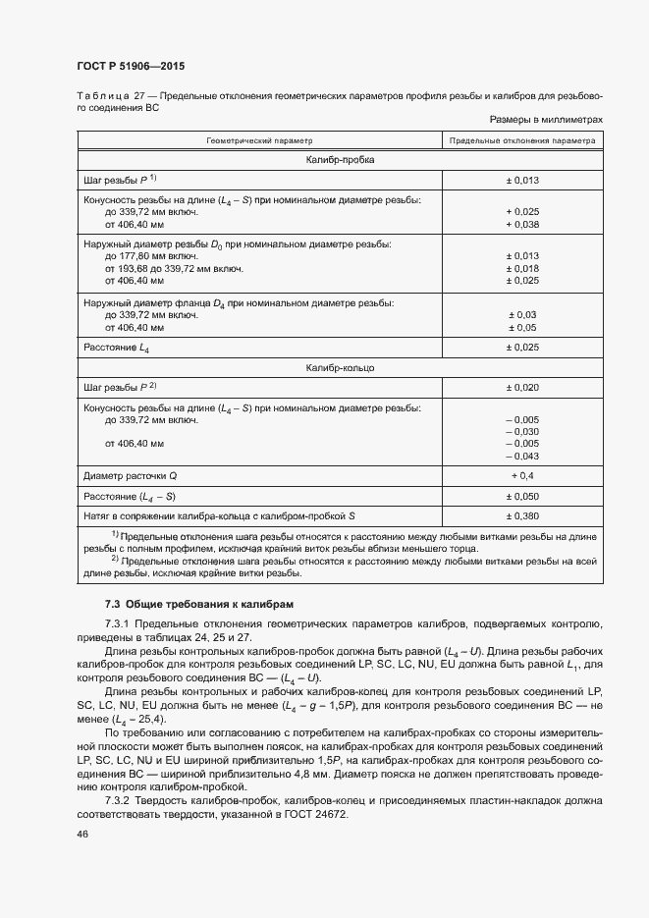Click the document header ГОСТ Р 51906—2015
[130, 66]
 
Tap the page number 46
[81, 833]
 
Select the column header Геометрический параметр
[260, 140]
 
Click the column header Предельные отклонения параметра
[522, 140]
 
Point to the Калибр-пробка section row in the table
[340, 160]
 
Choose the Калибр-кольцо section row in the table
[340, 368]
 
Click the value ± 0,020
[522, 388]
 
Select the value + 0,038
[522, 225]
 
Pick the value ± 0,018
[522, 268]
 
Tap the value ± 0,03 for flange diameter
[522, 314]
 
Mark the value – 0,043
[522, 456]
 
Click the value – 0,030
[522, 432]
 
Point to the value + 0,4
[522, 476]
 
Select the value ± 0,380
[522, 515]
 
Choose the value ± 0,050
[522, 496]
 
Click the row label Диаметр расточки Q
[131, 476]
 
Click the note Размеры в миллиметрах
[546, 120]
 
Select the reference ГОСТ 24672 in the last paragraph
[323, 814]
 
